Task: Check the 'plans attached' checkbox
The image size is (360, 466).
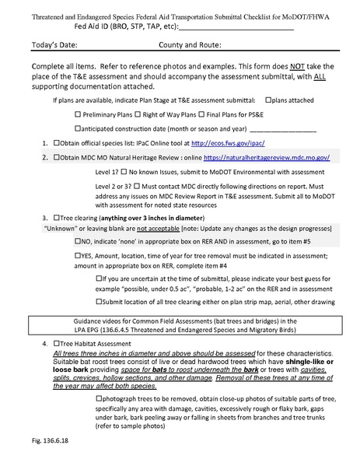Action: [x=268, y=100]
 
